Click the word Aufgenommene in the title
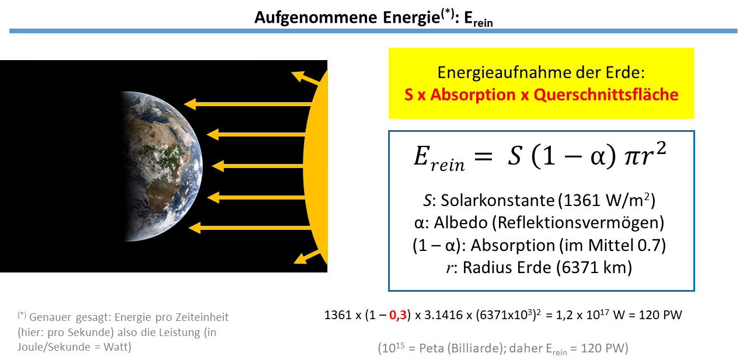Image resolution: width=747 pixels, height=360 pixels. (316, 18)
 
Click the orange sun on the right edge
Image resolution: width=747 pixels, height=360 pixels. (316, 167)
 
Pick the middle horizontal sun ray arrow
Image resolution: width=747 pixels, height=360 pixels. (258, 166)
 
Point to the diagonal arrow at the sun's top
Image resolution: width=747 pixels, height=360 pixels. (305, 78)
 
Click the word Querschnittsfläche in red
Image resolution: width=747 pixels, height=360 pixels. (606, 95)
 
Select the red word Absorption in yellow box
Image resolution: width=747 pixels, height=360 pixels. (473, 95)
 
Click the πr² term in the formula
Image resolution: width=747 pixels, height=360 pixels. (645, 155)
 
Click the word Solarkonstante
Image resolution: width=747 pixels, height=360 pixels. (498, 201)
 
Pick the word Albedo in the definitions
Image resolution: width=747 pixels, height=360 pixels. (460, 223)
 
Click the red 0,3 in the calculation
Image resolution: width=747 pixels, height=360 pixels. (398, 315)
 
